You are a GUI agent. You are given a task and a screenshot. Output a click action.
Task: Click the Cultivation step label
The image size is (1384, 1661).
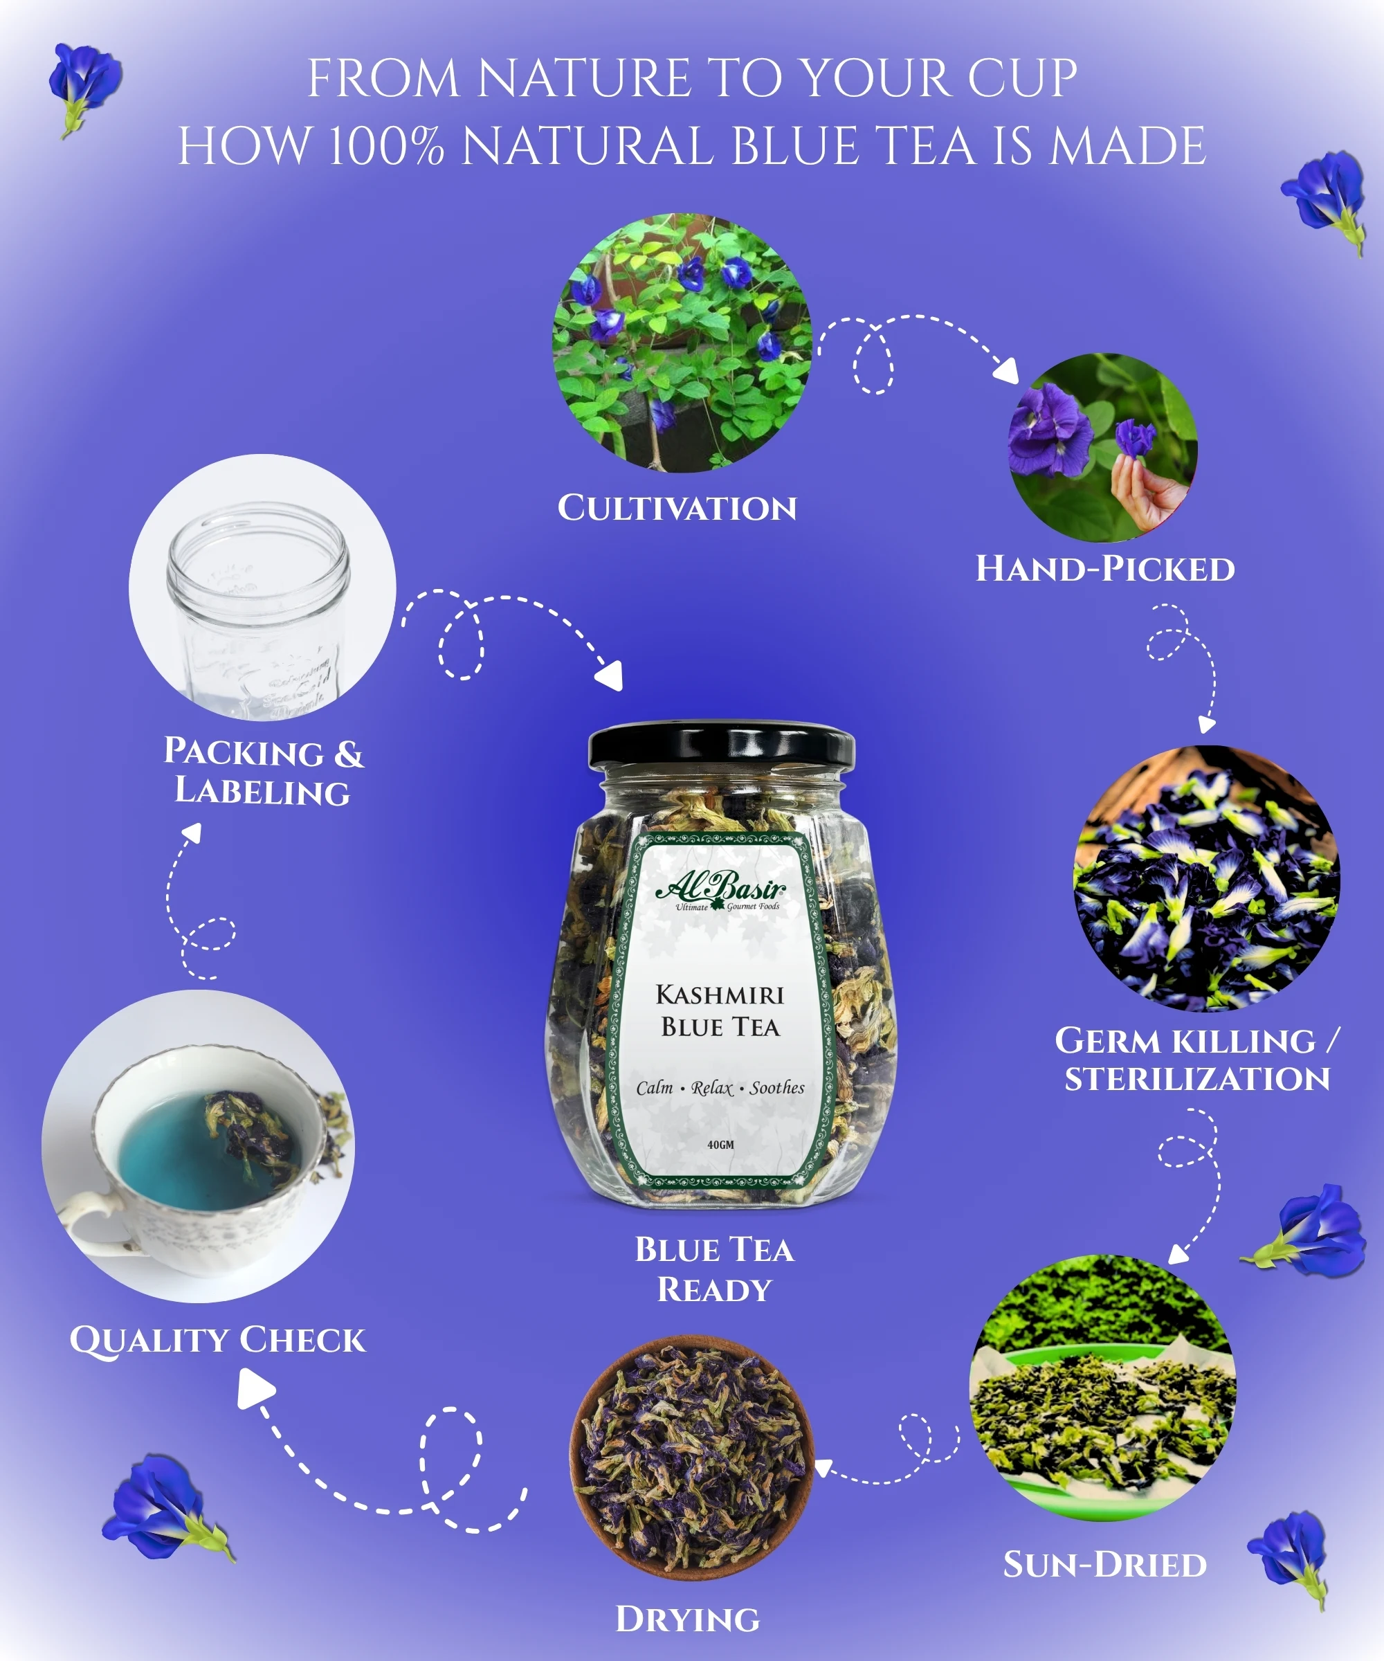pyautogui.click(x=677, y=508)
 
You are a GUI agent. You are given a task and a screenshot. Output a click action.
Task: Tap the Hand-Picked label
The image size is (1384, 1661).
pyautogui.click(x=1105, y=569)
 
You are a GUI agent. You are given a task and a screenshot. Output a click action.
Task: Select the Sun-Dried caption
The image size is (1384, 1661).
pyautogui.click(x=1105, y=1565)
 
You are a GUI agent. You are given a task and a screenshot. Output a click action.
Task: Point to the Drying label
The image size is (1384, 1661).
pyautogui.click(x=687, y=1619)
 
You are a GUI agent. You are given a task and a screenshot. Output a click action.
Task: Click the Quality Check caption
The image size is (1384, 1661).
pyautogui.click(x=217, y=1340)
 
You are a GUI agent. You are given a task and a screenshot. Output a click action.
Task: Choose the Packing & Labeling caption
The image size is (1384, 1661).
pyautogui.click(x=264, y=771)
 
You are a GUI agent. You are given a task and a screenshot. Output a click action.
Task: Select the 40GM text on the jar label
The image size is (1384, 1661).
pyautogui.click(x=720, y=1145)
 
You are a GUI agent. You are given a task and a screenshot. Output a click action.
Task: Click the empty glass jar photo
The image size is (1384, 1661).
pyautogui.click(x=262, y=587)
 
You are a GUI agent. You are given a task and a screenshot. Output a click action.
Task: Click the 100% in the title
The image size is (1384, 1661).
pyautogui.click(x=386, y=146)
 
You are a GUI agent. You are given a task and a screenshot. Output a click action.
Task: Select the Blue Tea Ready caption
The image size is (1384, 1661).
pyautogui.click(x=714, y=1269)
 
